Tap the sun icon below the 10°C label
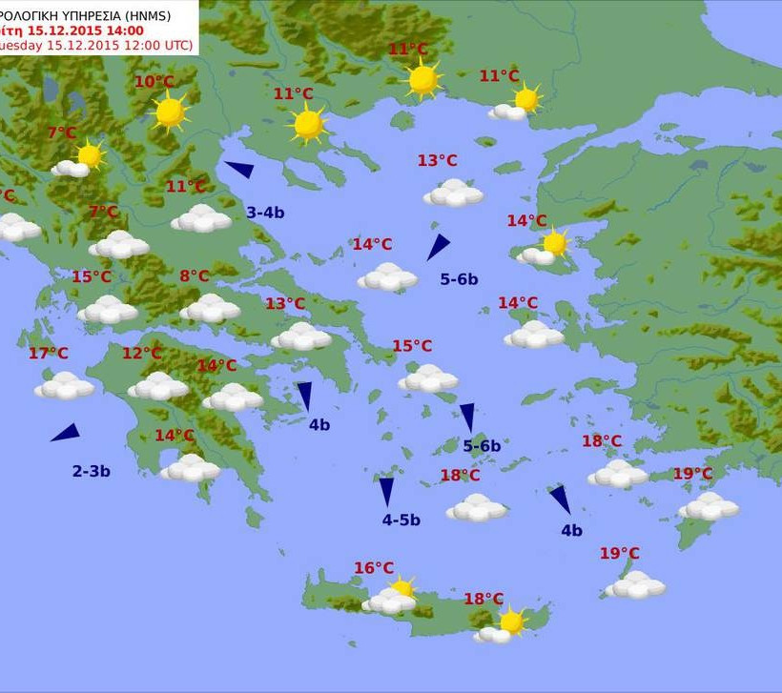click(170, 112)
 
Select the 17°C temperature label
click(48, 354)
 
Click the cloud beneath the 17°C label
click(65, 386)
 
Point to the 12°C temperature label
click(141, 354)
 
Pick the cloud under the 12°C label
click(158, 386)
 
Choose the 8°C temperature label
click(194, 276)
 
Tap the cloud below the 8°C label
click(210, 308)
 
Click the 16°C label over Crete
click(374, 568)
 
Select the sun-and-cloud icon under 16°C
click(392, 598)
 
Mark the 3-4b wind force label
click(265, 213)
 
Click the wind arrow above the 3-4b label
click(239, 170)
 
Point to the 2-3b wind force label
click(92, 471)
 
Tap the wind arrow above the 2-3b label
click(65, 433)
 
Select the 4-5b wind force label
click(401, 520)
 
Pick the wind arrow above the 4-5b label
click(386, 491)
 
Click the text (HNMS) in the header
click(168, 14)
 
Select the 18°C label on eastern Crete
click(484, 599)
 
